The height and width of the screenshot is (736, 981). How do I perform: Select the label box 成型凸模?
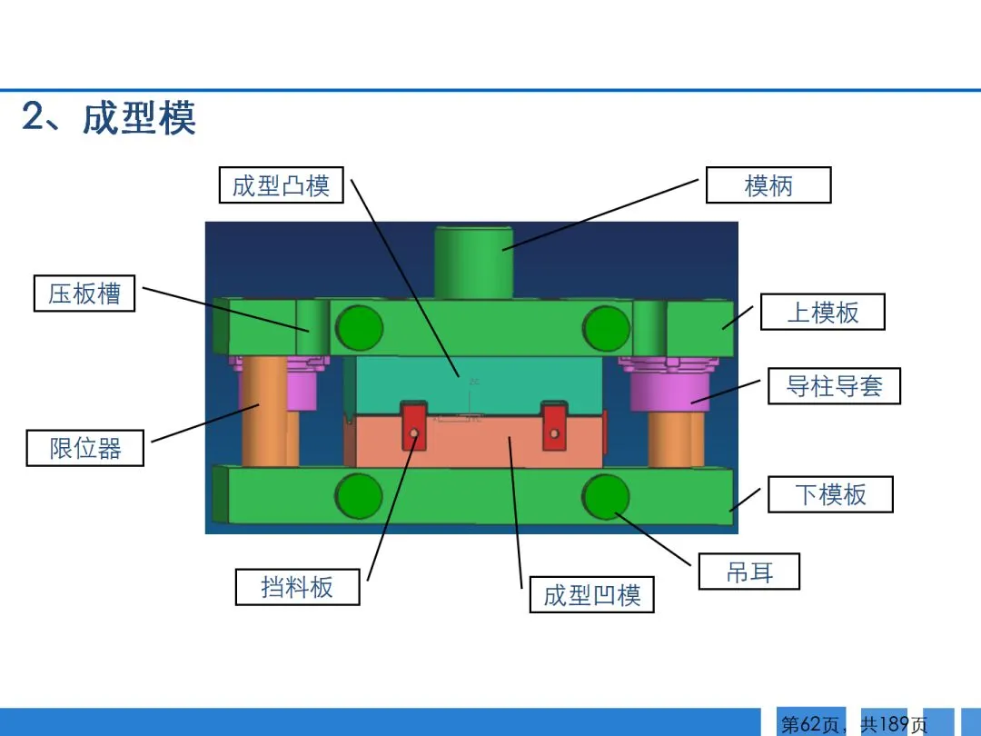pyautogui.click(x=282, y=185)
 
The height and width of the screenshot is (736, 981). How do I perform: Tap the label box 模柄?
pyautogui.click(x=768, y=185)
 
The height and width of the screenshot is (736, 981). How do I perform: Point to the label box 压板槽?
pyautogui.click(x=84, y=293)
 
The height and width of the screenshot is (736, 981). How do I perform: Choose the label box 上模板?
pyautogui.click(x=822, y=312)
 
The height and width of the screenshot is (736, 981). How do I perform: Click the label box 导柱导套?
pyautogui.click(x=834, y=385)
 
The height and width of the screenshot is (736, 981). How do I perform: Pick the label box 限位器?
pyautogui.click(x=85, y=448)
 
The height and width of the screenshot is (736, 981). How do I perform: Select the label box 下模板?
pyautogui.click(x=830, y=494)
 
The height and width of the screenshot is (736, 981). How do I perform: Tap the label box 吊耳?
pyautogui.click(x=749, y=572)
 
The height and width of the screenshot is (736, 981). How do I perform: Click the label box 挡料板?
pyautogui.click(x=297, y=587)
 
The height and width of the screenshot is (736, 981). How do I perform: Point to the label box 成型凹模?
pyautogui.click(x=592, y=594)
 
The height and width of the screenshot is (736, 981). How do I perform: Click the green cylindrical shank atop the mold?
pyautogui.click(x=473, y=262)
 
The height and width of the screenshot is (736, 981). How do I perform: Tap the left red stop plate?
pyautogui.click(x=413, y=425)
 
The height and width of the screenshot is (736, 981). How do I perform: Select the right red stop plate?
pyautogui.click(x=554, y=425)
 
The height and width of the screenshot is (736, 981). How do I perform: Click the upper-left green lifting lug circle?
pyautogui.click(x=359, y=327)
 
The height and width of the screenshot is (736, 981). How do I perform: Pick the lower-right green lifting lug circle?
pyautogui.click(x=606, y=496)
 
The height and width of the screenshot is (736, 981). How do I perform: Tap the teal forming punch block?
pyautogui.click(x=479, y=382)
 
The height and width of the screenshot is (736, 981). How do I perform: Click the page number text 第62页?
pyautogui.click(x=810, y=724)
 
